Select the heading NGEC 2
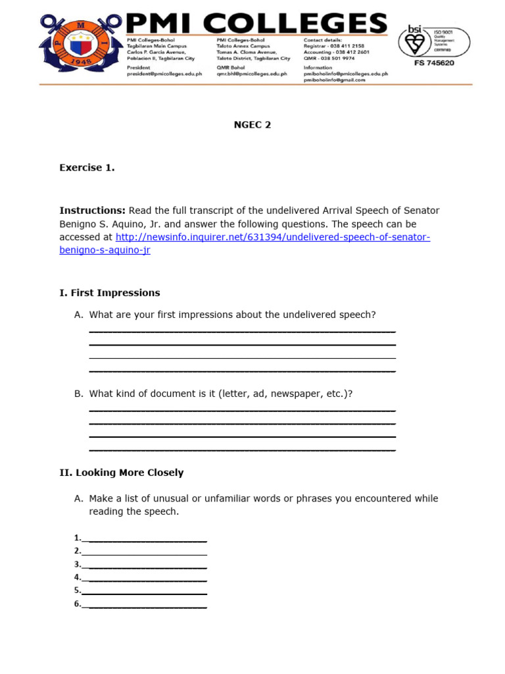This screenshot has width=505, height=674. pos(252,125)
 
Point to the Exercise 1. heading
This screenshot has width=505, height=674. pos(87,168)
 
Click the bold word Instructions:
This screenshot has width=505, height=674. pos(92,211)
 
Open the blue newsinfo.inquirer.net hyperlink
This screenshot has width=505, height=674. pos(272,237)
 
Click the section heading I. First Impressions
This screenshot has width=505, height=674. pos(109,293)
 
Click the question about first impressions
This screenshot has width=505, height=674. pos(232,315)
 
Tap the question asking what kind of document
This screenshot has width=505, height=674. pos(221,394)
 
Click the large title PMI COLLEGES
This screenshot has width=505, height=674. pos(256,24)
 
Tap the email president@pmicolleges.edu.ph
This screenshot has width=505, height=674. pos(164,74)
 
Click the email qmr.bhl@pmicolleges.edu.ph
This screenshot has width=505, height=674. pos(252,74)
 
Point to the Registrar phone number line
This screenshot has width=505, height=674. pos(333,46)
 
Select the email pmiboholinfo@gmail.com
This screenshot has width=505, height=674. pos(335,80)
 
